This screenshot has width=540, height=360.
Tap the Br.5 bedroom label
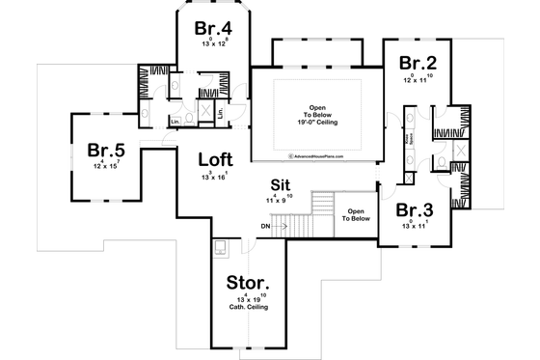coord(106,151)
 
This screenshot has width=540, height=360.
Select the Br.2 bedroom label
coord(418,65)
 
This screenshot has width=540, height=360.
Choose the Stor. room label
coord(248,284)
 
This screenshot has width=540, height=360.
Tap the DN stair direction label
coord(265,227)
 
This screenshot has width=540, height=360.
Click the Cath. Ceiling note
coord(248,308)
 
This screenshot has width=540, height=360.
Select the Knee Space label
coord(409,140)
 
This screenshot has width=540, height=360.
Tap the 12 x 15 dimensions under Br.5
coord(106,167)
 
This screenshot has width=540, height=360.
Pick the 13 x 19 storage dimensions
coord(248,298)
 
